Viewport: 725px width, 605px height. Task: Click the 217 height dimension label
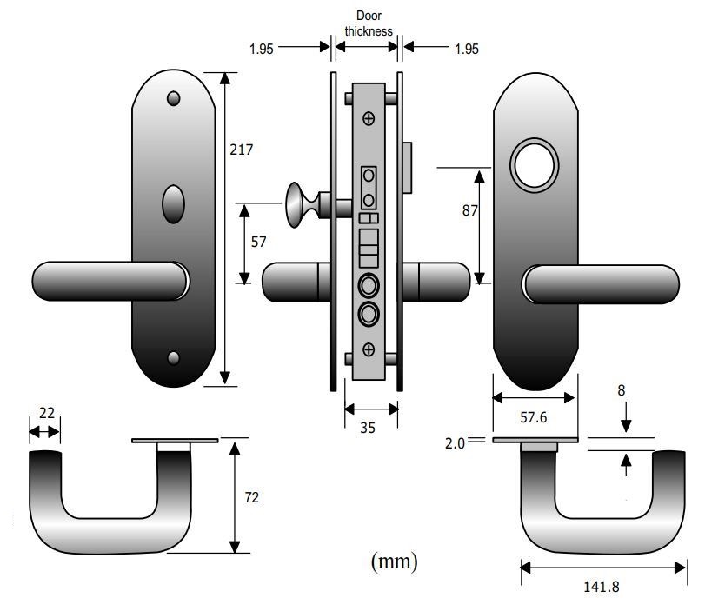pyautogui.click(x=241, y=150)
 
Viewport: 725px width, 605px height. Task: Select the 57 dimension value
pyautogui.click(x=258, y=243)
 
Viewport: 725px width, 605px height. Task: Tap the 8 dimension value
pyautogui.click(x=621, y=391)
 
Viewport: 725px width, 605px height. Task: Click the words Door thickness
pyautogui.click(x=369, y=23)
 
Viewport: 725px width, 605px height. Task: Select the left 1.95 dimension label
pyautogui.click(x=261, y=50)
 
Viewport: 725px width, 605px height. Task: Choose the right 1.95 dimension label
pyautogui.click(x=466, y=50)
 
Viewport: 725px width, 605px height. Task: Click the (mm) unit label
pyautogui.click(x=394, y=562)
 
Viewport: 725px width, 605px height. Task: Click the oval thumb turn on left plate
pyautogui.click(x=173, y=206)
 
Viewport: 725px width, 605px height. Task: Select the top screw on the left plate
pyautogui.click(x=173, y=98)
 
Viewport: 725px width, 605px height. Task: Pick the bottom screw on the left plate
pyautogui.click(x=173, y=357)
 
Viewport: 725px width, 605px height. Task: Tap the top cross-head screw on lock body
pyautogui.click(x=369, y=117)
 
